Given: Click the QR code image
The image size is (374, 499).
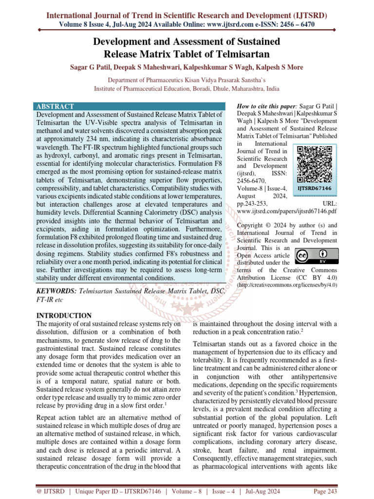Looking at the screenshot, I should click(315, 163).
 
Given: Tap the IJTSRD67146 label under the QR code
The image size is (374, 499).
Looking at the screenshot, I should click(315, 188).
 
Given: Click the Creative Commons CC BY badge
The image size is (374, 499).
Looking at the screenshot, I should click(315, 256).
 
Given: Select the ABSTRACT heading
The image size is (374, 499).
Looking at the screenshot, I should click(55, 106).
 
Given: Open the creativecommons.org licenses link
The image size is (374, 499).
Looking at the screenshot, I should click(287, 285).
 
